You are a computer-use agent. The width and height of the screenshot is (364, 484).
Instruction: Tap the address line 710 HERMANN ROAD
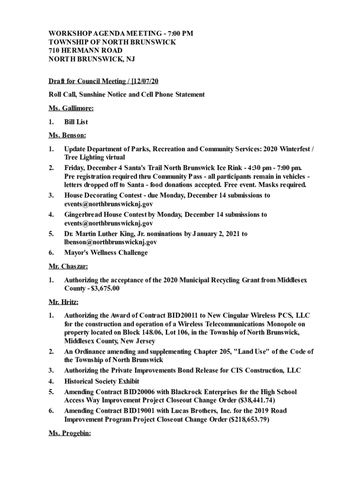point(86,51)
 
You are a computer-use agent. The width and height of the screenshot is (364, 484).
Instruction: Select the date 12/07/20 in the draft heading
point(144,81)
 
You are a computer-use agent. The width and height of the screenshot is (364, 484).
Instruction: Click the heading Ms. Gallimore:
point(71,108)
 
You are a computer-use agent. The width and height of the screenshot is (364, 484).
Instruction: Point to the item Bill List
point(76,122)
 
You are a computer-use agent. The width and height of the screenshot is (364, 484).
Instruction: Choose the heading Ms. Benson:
point(67,136)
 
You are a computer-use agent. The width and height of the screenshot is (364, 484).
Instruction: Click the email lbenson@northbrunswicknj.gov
point(110,242)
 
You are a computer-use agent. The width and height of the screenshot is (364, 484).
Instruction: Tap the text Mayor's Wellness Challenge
point(106,253)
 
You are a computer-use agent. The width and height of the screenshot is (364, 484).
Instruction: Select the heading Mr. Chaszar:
point(69,267)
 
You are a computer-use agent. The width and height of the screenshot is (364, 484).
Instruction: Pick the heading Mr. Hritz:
point(64,302)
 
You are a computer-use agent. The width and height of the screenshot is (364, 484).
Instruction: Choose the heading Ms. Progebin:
point(70,433)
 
